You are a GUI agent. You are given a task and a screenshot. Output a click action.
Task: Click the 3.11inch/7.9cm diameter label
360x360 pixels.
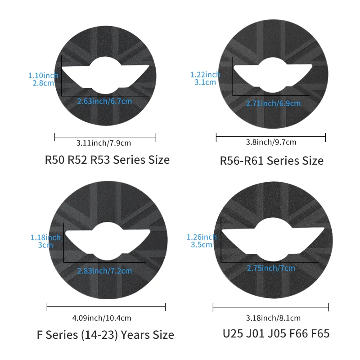pos(103,143)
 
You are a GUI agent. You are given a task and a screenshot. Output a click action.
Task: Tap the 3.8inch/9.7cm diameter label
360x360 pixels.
pos(271,142)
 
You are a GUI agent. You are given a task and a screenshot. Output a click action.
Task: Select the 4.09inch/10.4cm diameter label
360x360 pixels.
pos(102,318)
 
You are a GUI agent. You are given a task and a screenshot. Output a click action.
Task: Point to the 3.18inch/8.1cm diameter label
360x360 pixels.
pos(273,318)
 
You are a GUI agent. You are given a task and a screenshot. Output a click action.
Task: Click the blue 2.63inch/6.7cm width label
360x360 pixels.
pos(104,101)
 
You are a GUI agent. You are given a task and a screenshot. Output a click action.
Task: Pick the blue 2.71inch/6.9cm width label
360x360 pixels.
pos(273,103)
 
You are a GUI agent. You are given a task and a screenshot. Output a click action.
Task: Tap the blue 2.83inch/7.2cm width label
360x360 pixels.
pos(104,271)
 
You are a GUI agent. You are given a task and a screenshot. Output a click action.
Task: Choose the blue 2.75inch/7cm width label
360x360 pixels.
pos(271,268)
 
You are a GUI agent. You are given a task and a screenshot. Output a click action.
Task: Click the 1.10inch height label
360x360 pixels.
pos(43,76)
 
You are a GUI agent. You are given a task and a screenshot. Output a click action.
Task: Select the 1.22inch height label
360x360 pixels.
pos(205,75)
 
